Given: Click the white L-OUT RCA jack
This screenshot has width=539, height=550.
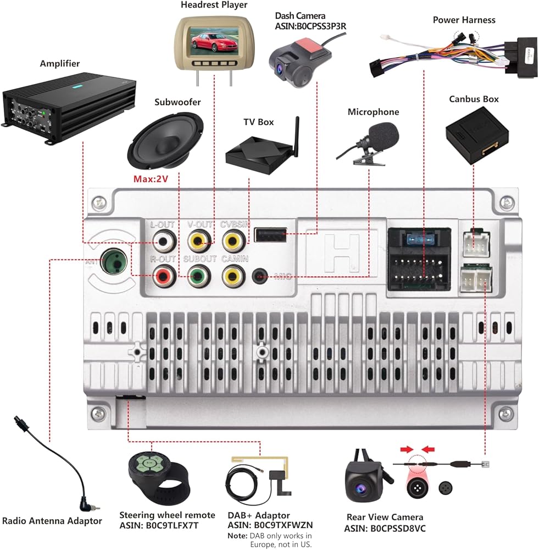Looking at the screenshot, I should (x=164, y=240).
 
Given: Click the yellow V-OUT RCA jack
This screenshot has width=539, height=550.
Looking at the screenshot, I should (x=198, y=240).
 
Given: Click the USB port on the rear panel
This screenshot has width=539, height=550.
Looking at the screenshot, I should (x=270, y=237).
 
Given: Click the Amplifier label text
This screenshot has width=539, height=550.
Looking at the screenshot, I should (x=59, y=64).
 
